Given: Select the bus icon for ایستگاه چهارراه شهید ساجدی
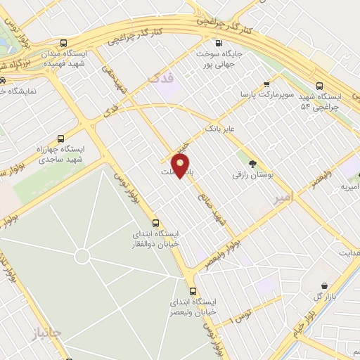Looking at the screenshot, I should coord(61,139).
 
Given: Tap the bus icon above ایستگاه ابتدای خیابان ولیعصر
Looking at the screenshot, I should coord(193,290).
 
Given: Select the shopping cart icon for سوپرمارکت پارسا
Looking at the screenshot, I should coord(266,82).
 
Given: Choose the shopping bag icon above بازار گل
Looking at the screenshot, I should coord(323,285).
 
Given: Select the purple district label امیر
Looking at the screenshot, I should coord(281,200).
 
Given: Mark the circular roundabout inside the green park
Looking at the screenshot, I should coord(82,256).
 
